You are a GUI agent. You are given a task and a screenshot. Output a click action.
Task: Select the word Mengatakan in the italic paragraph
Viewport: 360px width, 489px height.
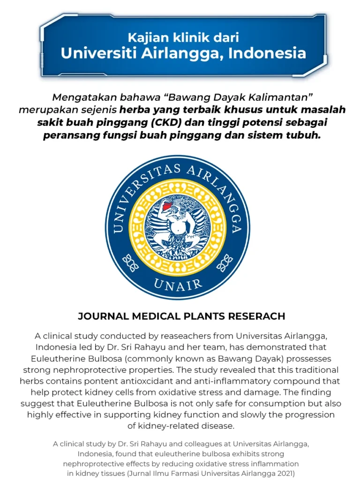[x=78, y=98]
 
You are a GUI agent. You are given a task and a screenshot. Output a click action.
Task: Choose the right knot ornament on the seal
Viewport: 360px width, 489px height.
[x=225, y=263]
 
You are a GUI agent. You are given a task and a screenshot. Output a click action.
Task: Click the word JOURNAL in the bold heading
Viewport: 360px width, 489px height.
[x=103, y=316]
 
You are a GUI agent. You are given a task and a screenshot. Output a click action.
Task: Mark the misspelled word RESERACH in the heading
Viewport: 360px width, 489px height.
[x=256, y=316]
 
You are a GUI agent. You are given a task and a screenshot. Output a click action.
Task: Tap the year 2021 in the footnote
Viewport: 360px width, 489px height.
[x=285, y=473]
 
